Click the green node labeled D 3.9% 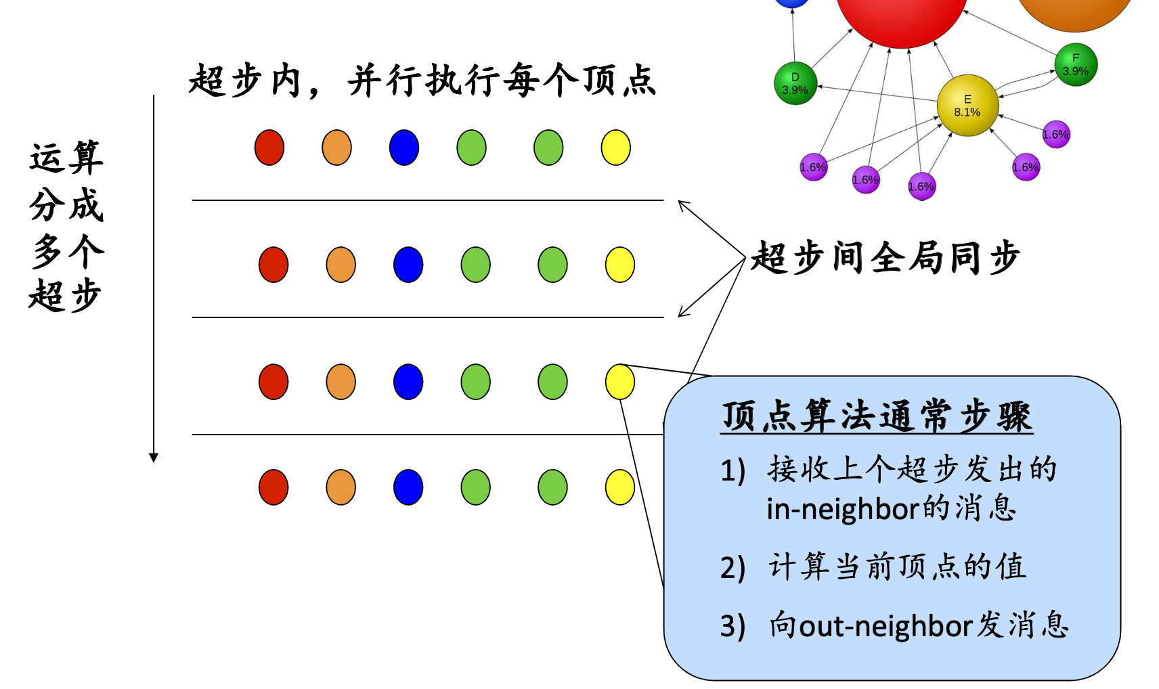click(795, 84)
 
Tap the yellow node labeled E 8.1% click(967, 106)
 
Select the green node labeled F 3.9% click(1075, 65)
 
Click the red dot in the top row click(269, 148)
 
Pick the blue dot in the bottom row click(408, 487)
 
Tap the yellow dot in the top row click(615, 148)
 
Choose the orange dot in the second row click(341, 265)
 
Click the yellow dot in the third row click(619, 382)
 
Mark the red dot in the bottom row click(274, 487)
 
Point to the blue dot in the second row click(408, 265)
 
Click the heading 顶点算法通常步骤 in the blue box click(877, 416)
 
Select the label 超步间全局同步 click(885, 258)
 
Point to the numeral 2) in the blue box click(732, 567)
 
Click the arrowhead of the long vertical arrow click(154, 458)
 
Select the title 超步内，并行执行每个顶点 click(422, 81)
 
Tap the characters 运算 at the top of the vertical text click(66, 158)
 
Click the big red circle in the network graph click(901, 14)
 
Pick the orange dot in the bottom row click(341, 487)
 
